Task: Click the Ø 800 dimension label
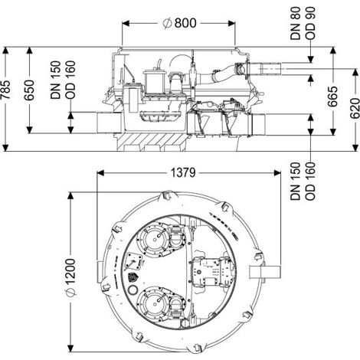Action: click(179, 23)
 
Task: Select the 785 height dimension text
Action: click(6, 90)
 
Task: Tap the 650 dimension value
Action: click(29, 90)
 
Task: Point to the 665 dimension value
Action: click(332, 97)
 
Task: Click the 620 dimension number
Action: click(355, 108)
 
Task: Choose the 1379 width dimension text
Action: click(183, 173)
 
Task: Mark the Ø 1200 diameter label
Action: click(70, 278)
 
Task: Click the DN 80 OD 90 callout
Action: click(303, 23)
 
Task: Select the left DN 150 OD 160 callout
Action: click(63, 80)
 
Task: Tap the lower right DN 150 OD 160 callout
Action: click(303, 181)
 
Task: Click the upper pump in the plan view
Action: click(154, 239)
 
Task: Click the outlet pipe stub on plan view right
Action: click(265, 272)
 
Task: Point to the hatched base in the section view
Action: click(152, 139)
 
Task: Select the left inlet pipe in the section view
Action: click(109, 123)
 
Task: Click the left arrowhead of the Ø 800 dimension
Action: click(126, 24)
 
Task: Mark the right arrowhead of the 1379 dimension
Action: click(277, 173)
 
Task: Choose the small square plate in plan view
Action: click(134, 261)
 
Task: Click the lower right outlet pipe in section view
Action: click(258, 124)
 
